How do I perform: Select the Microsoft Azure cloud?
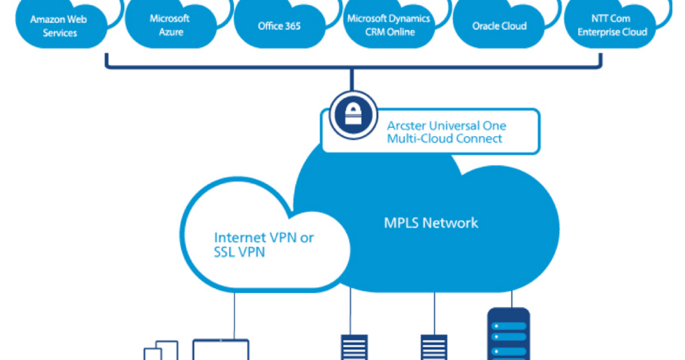pos(169,24)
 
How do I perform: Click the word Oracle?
pos(486,26)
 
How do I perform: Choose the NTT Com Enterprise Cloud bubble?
pos(610,24)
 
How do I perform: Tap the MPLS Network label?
pos(431,222)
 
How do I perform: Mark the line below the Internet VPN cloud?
pos(234,314)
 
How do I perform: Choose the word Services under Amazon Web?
pos(59,32)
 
